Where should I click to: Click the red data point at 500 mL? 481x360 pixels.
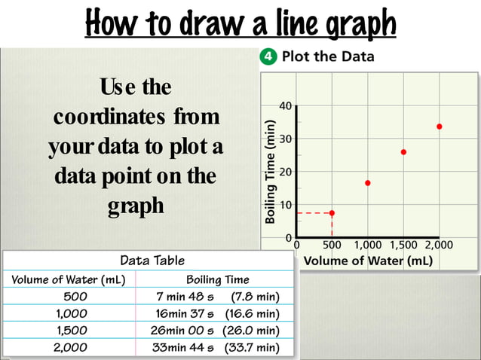pos(332,213)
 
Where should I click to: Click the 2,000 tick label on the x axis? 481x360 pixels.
pos(439,245)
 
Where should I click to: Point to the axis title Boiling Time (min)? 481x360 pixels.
pos(269,171)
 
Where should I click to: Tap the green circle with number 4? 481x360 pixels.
pos(266,56)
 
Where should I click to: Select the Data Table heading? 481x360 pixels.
pos(152,261)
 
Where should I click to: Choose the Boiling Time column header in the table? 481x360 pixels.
pos(218,279)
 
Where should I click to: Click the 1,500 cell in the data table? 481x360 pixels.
pos(72,330)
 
